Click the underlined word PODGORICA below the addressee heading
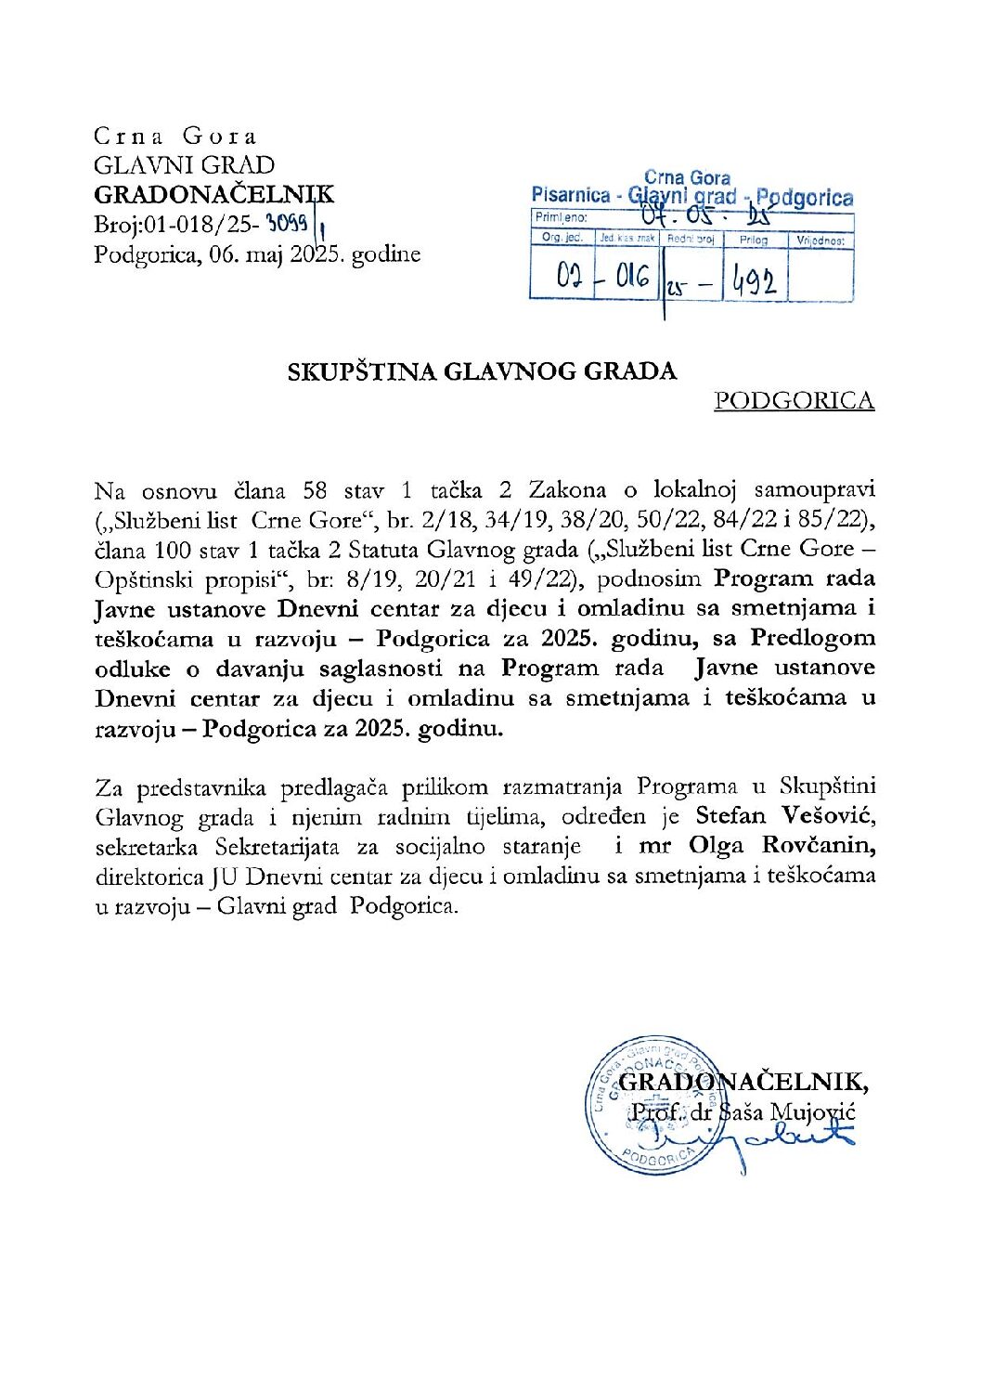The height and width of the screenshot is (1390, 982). (794, 400)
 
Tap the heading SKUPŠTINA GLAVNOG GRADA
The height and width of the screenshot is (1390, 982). (482, 371)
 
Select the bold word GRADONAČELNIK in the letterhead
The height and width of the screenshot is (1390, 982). (213, 195)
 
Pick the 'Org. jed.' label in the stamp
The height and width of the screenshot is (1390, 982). (562, 238)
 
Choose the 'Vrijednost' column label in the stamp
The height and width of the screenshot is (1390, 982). (820, 240)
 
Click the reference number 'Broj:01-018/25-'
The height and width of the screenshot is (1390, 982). (176, 225)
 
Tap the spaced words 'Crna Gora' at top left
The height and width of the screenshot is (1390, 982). (174, 136)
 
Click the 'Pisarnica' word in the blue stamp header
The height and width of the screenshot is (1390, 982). (571, 196)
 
